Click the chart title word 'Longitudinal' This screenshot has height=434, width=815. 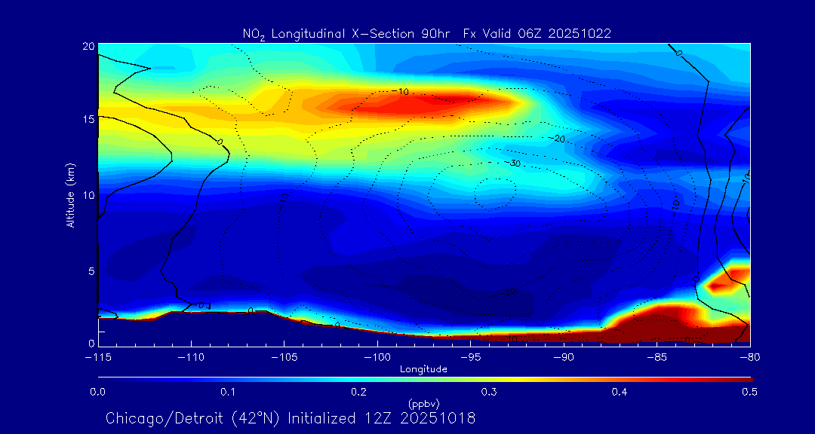tap(306, 33)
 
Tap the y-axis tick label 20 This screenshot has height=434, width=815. tap(88, 46)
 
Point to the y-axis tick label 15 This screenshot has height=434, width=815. tap(88, 119)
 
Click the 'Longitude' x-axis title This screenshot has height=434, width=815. tap(423, 369)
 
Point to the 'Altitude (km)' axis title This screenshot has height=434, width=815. tap(70, 195)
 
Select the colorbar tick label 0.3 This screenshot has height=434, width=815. tap(489, 392)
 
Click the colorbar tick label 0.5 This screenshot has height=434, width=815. tap(750, 392)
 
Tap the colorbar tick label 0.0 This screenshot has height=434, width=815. tap(98, 392)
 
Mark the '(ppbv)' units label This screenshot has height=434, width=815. tap(423, 403)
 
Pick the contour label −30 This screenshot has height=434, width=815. tap(515, 163)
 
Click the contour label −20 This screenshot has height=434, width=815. tap(558, 139)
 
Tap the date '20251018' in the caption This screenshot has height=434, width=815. tap(441, 418)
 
